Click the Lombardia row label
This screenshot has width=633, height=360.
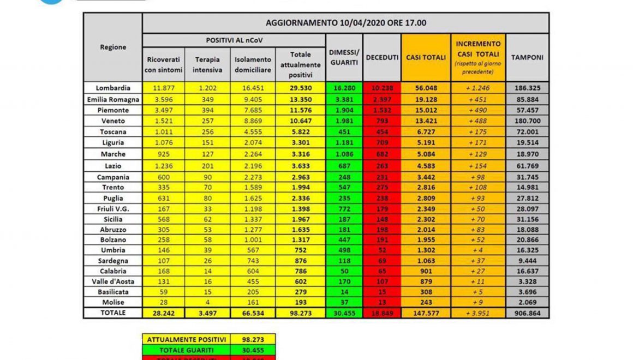[112, 88]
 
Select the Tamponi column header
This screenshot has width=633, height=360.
[527, 57]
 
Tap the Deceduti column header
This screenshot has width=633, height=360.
[382, 57]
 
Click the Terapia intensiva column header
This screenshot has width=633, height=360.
[207, 64]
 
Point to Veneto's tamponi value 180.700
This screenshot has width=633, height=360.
[527, 121]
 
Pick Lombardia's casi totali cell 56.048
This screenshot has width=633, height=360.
[426, 88]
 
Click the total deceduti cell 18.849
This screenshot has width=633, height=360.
[382, 313]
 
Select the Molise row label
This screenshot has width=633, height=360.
[112, 302]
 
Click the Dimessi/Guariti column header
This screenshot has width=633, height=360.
[344, 57]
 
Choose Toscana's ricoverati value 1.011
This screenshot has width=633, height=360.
[163, 131]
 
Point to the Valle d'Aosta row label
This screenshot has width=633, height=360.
[112, 281]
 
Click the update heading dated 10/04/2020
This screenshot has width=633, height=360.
[345, 23]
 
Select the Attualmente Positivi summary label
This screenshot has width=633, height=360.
[186, 339]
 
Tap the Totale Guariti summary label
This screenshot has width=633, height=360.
[186, 349]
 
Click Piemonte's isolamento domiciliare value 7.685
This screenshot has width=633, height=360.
[253, 110]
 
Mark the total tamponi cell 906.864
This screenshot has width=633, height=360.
[527, 313]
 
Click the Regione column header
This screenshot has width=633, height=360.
[112, 47]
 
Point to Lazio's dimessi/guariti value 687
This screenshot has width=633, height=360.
[344, 166]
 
